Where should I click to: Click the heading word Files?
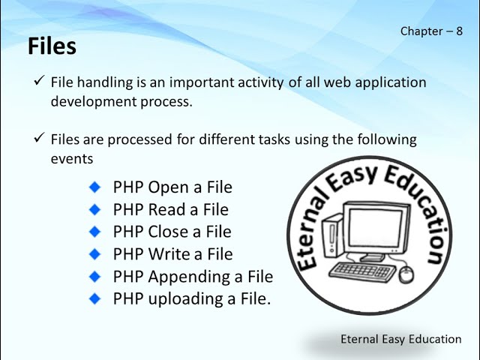(52, 46)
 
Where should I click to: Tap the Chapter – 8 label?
(431, 31)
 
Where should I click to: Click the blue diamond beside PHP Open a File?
(94, 187)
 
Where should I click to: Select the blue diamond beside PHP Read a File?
(94, 209)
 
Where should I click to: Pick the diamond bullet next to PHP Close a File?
(94, 232)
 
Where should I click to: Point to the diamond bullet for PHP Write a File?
(94, 254)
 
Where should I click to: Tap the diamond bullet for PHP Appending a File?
(94, 277)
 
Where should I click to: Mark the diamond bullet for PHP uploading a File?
(94, 298)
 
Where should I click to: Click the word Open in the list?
(169, 187)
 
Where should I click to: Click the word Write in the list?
(169, 254)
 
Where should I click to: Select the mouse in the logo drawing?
(406, 274)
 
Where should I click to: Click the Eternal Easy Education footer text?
(400, 340)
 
